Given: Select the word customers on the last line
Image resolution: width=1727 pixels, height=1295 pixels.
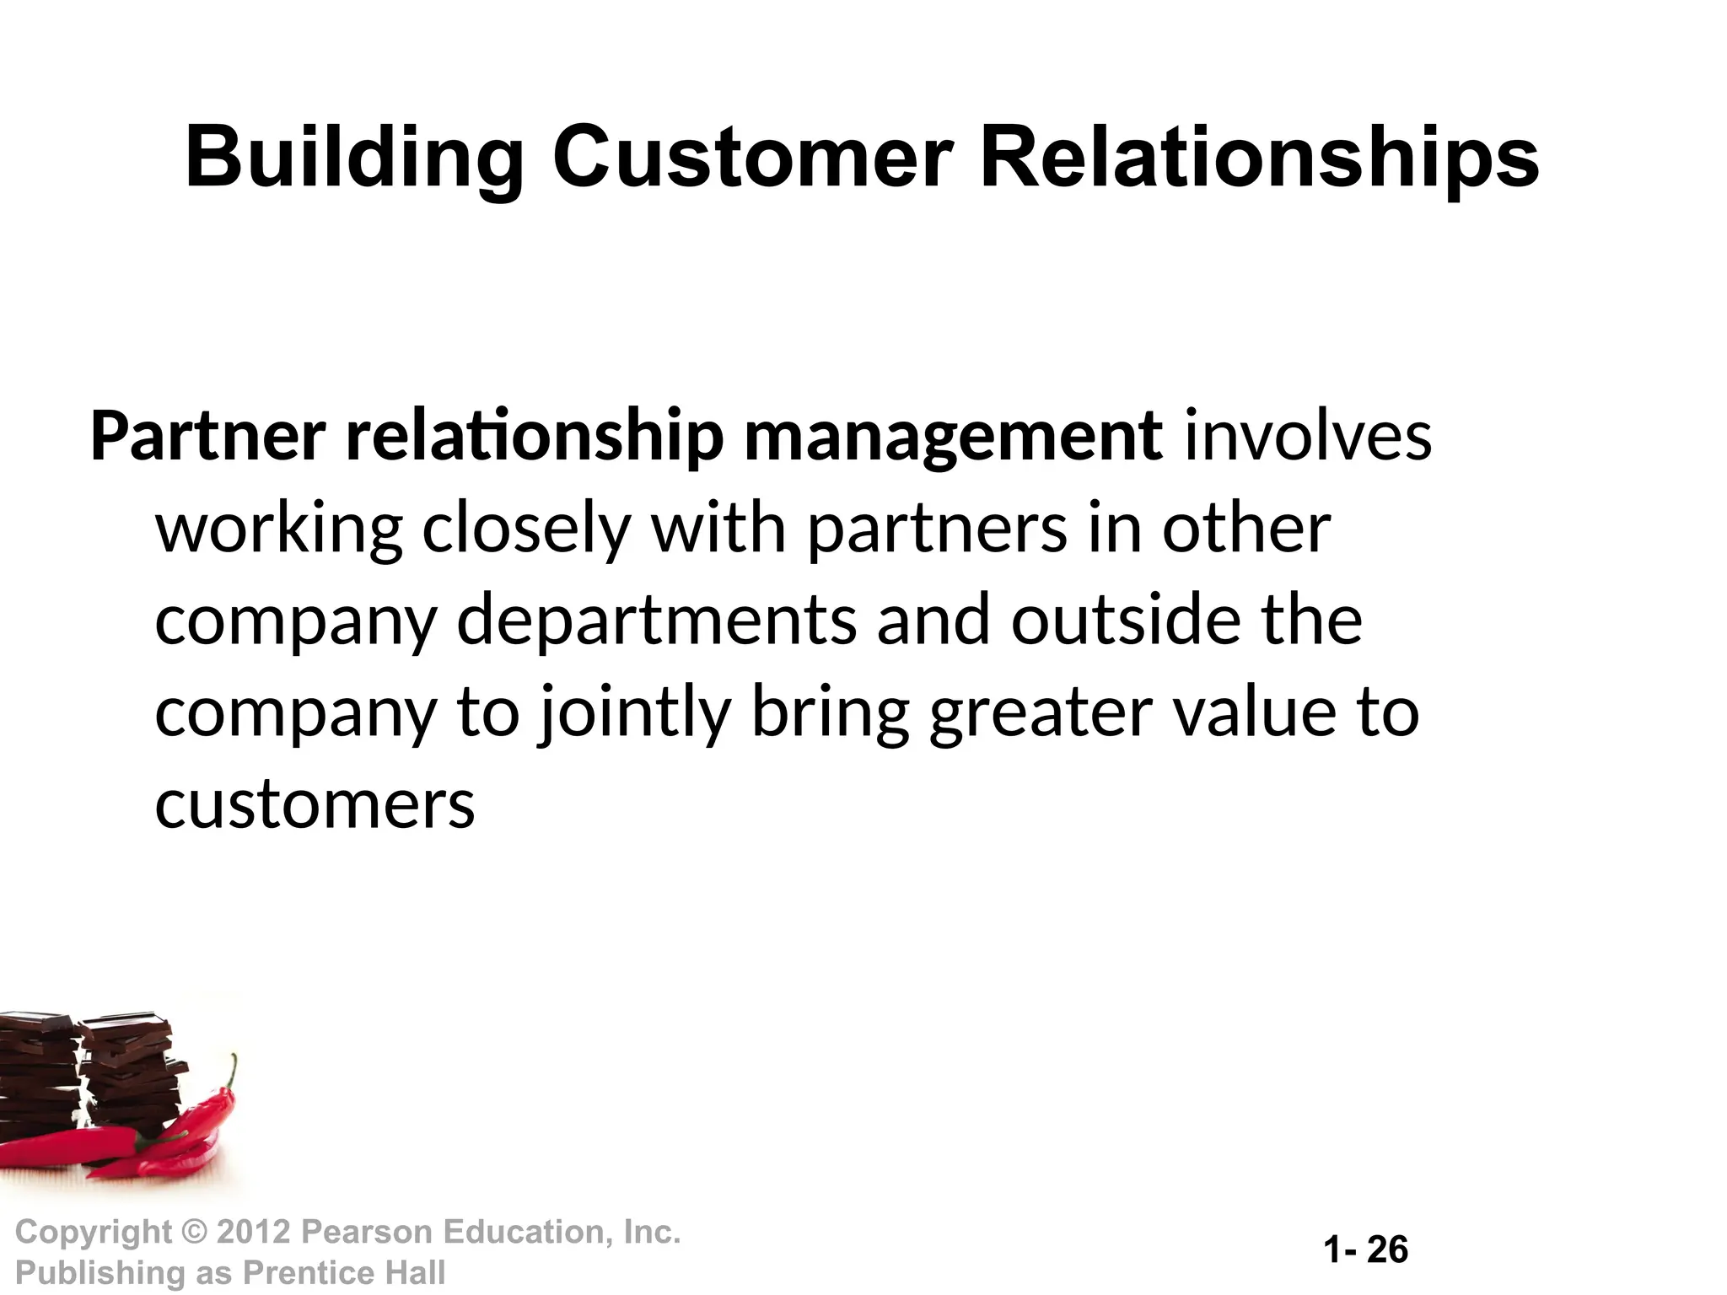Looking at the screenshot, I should pos(315,804).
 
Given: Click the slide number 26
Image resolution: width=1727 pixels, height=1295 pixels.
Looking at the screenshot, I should pos(1387,1249).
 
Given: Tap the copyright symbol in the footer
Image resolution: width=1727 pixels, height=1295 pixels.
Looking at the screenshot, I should pos(194,1233).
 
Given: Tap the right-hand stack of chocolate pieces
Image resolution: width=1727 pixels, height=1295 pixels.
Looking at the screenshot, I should pos(131,1079).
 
